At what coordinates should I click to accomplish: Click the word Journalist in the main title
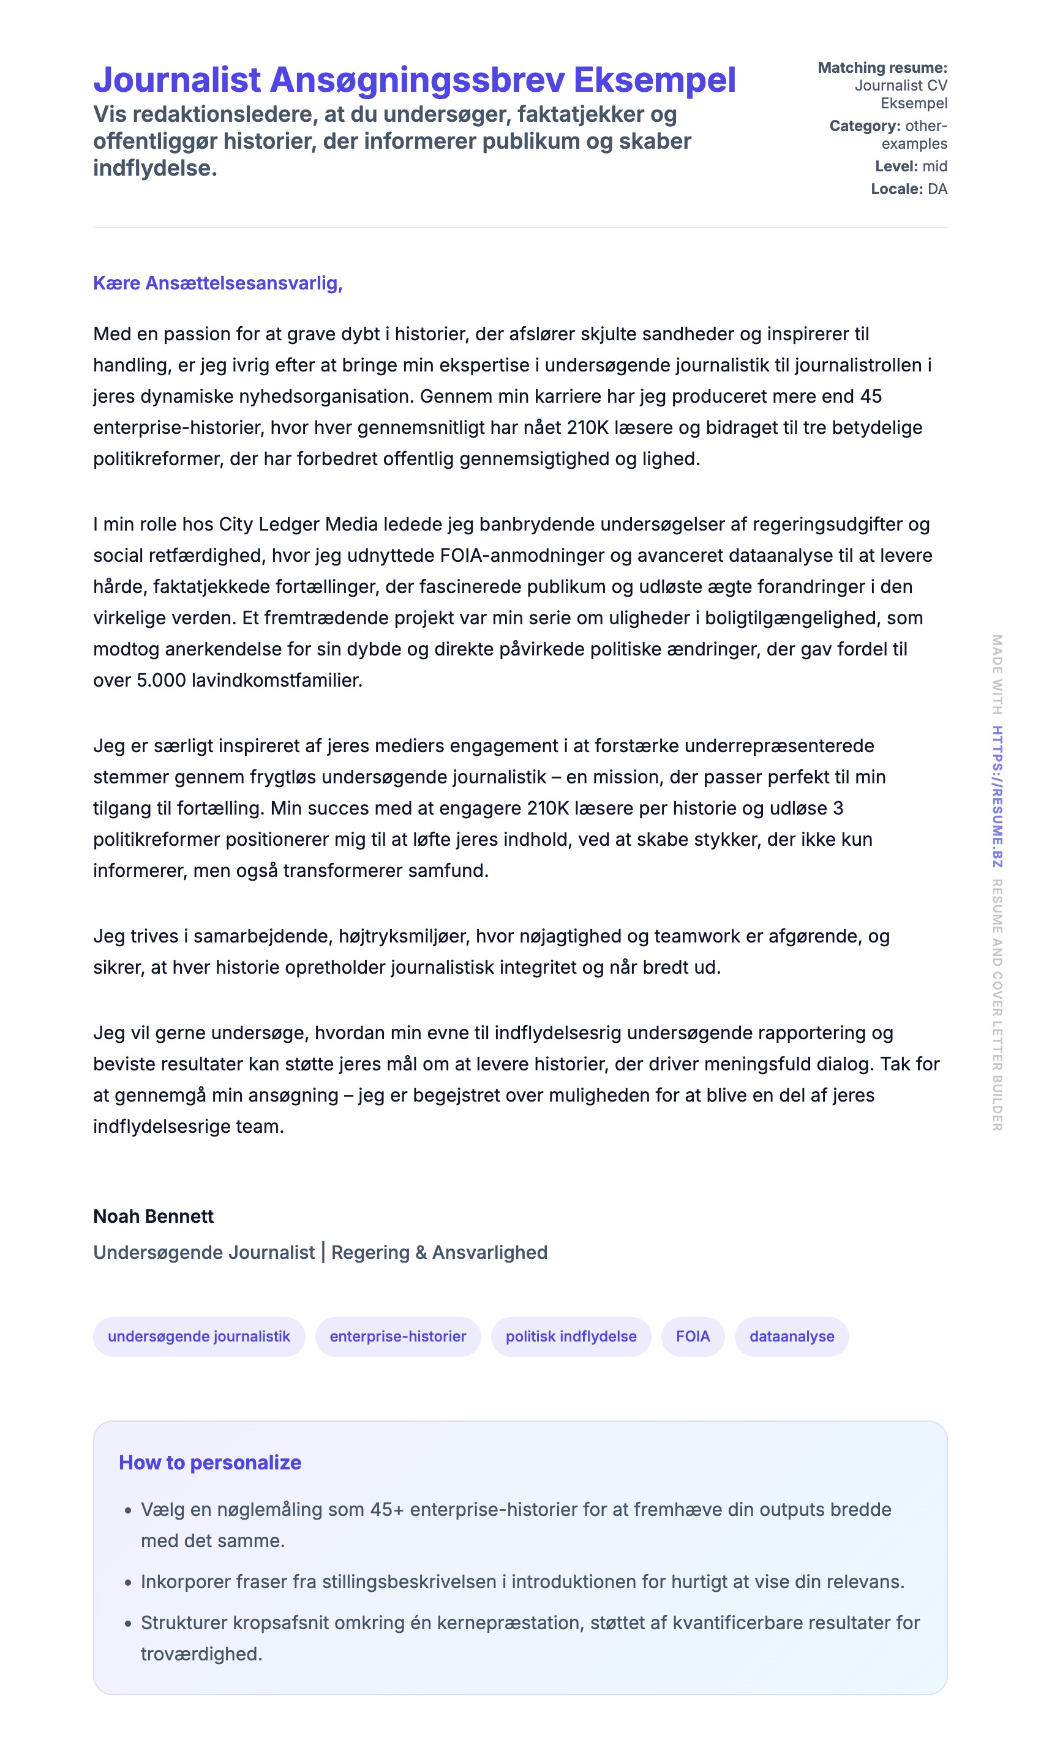tap(177, 80)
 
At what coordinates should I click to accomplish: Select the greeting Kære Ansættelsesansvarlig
tap(217, 283)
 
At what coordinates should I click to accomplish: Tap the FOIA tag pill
tap(693, 1336)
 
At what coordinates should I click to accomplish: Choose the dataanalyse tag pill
tap(791, 1336)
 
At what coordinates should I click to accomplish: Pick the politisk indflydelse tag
tap(570, 1336)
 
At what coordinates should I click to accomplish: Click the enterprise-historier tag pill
tap(398, 1336)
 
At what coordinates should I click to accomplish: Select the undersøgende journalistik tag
tap(198, 1336)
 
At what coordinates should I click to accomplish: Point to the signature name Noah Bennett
tap(153, 1216)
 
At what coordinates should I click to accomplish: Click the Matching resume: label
tap(882, 68)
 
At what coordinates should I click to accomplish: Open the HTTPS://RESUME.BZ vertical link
tap(997, 796)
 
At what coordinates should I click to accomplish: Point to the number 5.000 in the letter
tap(161, 681)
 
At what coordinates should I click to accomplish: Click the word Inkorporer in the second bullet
tap(185, 1582)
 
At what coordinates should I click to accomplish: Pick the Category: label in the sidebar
tap(864, 126)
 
